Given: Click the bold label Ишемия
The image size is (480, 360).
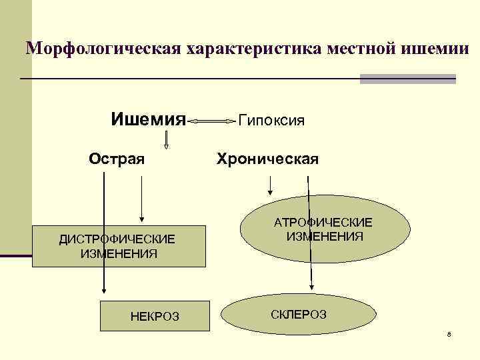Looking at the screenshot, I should click(x=147, y=121).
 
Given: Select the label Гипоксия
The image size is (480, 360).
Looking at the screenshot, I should click(x=271, y=121).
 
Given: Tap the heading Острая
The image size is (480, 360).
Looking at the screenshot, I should click(x=117, y=159).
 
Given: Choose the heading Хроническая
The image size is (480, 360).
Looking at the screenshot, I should click(x=267, y=159).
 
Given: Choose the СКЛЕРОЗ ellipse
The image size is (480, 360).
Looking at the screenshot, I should click(x=299, y=314).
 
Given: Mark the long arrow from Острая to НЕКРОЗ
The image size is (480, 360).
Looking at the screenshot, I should click(x=103, y=233).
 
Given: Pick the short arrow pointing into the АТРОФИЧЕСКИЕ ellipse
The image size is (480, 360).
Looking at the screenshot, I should click(x=270, y=184).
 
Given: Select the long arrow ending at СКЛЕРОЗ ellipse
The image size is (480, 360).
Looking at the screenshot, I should click(x=309, y=233).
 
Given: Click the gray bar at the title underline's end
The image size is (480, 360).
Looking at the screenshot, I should click(x=407, y=79).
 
